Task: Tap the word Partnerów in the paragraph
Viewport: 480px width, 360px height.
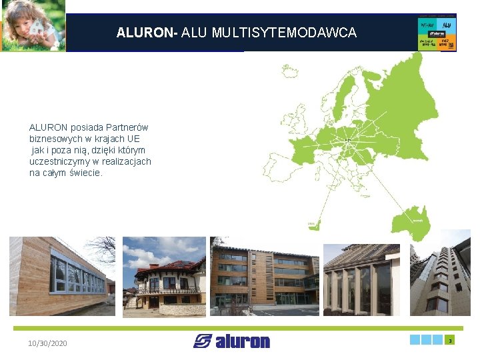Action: coord(125,127)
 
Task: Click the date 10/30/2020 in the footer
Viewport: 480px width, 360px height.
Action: coord(47,343)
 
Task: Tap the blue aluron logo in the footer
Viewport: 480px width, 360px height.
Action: coord(232,341)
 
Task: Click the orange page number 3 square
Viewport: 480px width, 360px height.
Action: coord(450,340)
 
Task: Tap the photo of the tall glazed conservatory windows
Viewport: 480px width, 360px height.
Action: coord(361,279)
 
